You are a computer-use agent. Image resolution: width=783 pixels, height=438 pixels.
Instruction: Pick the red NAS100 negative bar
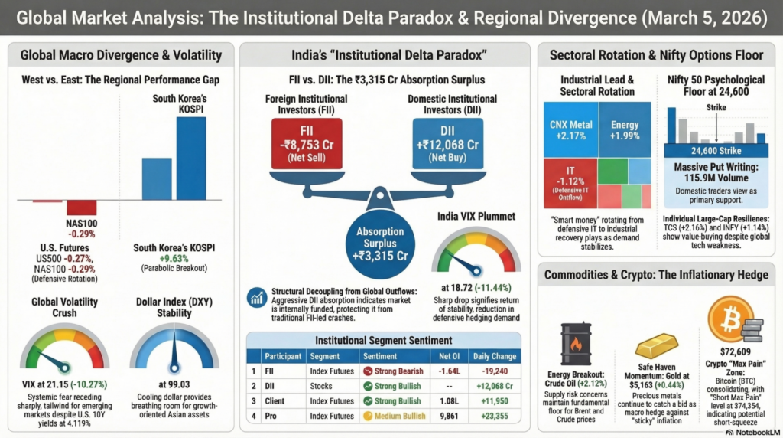tap(81, 208)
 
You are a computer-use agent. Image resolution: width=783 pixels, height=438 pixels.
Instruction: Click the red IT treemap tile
tap(568, 183)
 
